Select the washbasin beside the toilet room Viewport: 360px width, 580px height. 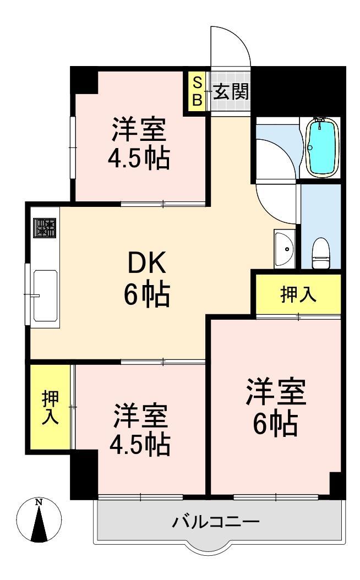pos(285,248)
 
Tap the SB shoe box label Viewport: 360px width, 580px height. pos(197,92)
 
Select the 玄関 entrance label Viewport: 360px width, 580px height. pos(231,92)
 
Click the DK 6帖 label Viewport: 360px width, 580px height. pos(146,280)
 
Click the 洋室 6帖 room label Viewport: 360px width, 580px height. pos(275,407)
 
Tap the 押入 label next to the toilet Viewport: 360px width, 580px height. pos(298,295)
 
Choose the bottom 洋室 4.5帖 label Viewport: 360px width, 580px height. pos(140,430)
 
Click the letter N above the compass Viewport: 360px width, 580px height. pos(39,502)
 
